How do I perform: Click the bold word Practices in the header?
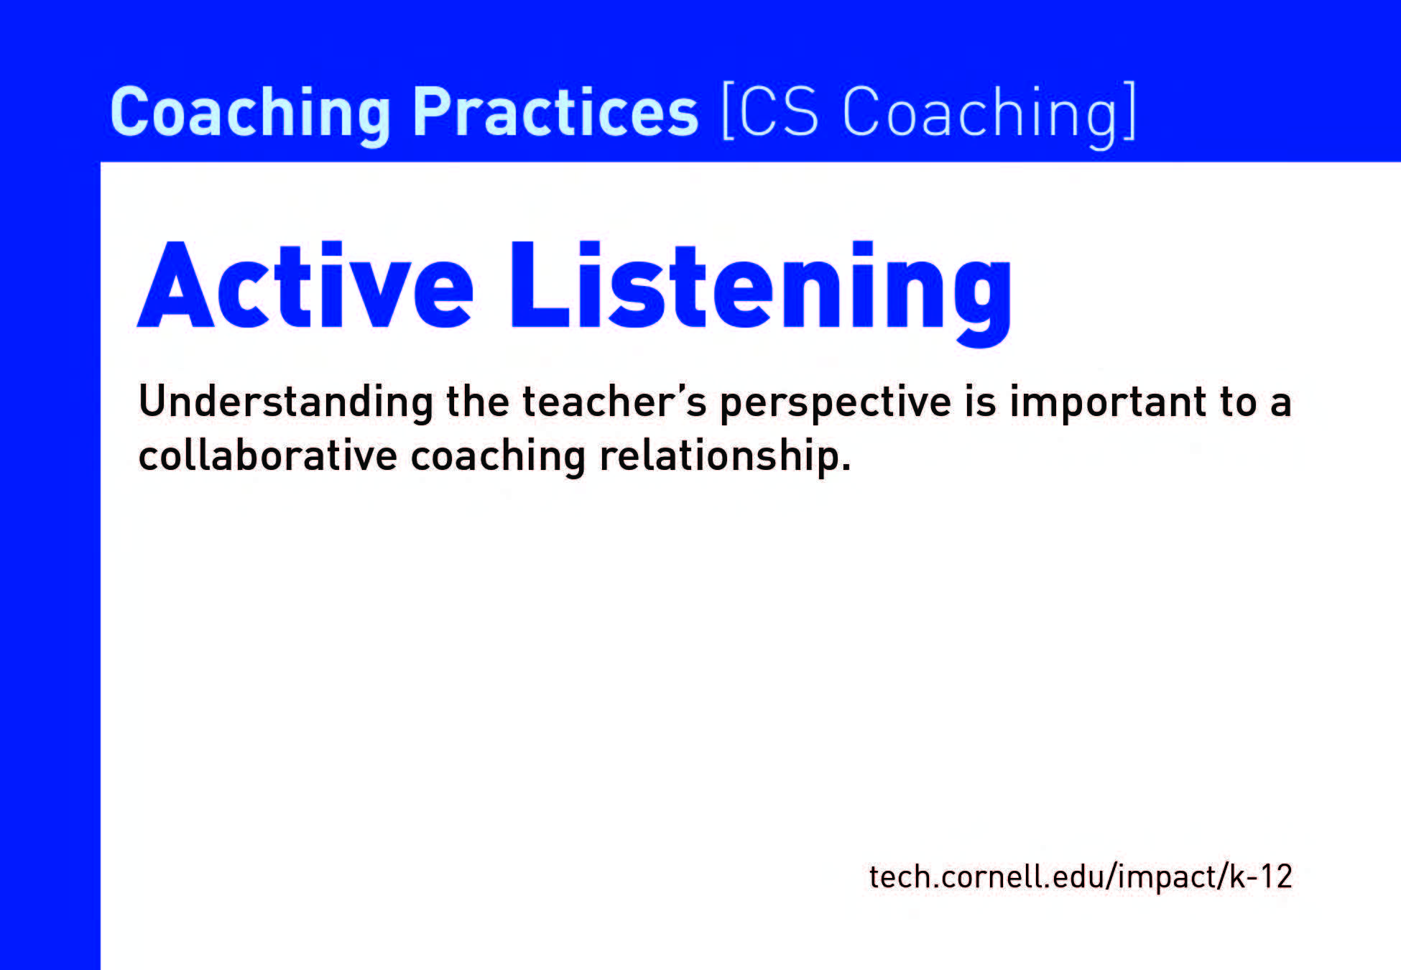tap(555, 112)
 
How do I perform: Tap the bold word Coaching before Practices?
tap(251, 115)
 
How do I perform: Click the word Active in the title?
tap(305, 285)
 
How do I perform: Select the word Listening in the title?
tap(761, 292)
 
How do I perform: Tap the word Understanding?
tap(286, 402)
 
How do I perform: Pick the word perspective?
tap(836, 403)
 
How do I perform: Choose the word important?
tap(1108, 403)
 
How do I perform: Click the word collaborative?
tap(268, 455)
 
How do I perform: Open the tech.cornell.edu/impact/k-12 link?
tap(1081, 877)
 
